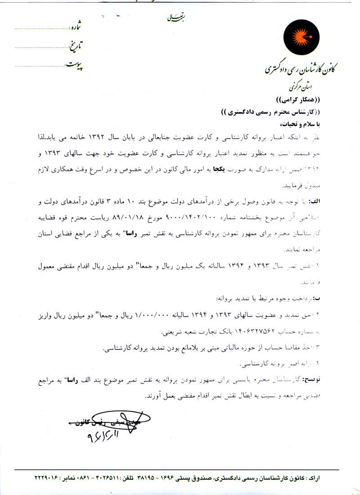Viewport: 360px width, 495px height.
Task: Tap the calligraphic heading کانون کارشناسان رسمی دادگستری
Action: click(x=301, y=69)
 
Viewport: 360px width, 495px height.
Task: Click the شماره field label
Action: click(x=76, y=27)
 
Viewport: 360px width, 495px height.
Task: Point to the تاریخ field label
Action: click(x=75, y=45)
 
